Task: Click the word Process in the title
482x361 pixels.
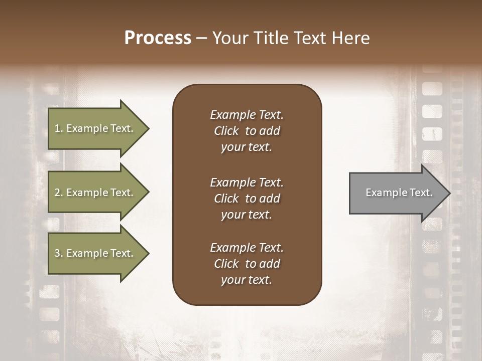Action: pos(158,38)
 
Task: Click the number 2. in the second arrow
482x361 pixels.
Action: pos(59,193)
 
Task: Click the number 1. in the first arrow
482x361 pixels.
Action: pos(59,128)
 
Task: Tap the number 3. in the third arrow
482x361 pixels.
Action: pos(59,253)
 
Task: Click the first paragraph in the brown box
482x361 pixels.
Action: pos(247,131)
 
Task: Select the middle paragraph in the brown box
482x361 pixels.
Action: pos(247,199)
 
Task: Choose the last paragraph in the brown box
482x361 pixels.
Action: pos(247,264)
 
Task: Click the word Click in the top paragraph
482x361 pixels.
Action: pos(226,131)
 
